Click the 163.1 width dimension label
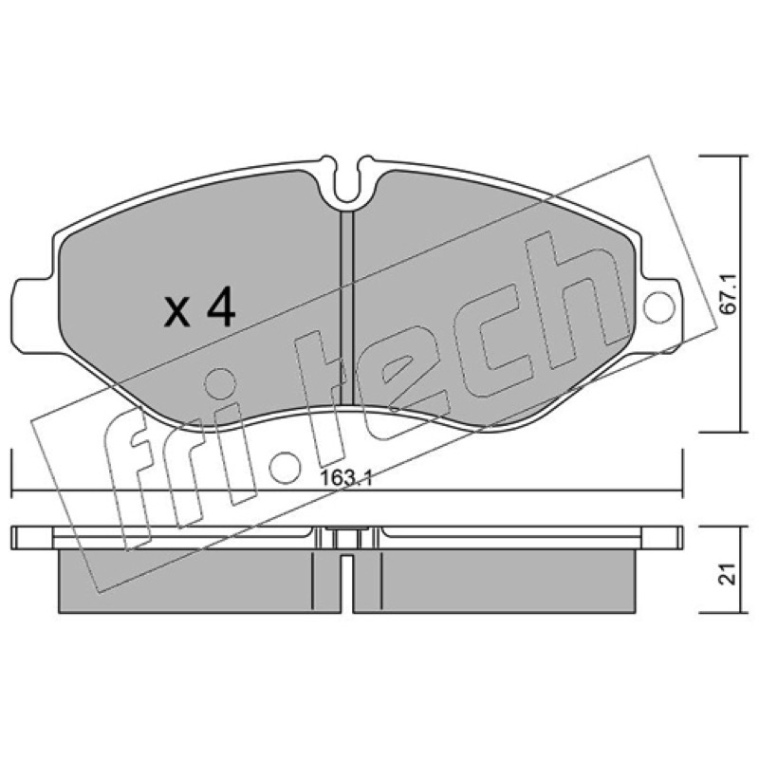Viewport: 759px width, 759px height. tap(346, 479)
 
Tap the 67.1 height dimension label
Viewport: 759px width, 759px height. tap(729, 294)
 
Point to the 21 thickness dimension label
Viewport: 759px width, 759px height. tap(729, 574)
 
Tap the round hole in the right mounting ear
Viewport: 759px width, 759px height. tap(659, 306)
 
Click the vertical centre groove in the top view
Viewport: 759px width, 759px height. tap(347, 307)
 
